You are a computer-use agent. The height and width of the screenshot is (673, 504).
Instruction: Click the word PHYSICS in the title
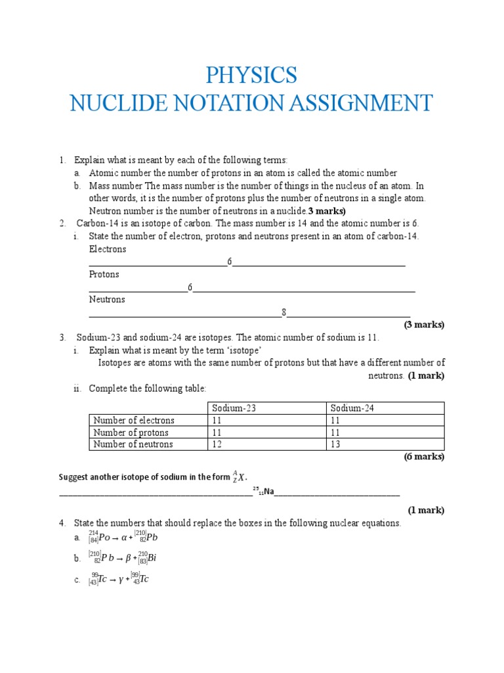(251, 75)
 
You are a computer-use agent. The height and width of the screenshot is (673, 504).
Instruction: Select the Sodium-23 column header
(234, 408)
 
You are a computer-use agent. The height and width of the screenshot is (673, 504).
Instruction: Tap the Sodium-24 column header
(352, 408)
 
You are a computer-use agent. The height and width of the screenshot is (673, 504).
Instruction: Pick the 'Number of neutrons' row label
(133, 444)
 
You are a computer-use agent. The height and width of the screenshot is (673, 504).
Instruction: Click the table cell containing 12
(217, 444)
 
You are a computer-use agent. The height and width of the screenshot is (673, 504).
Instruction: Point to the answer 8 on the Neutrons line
(284, 313)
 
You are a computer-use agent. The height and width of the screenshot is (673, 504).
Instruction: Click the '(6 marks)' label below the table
(424, 457)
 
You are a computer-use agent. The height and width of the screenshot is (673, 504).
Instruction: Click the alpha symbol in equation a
(125, 538)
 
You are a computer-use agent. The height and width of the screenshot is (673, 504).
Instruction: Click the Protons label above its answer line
(104, 275)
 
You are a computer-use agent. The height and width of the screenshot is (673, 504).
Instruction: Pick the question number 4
(62, 523)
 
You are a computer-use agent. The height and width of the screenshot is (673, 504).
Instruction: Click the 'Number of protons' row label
(131, 432)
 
